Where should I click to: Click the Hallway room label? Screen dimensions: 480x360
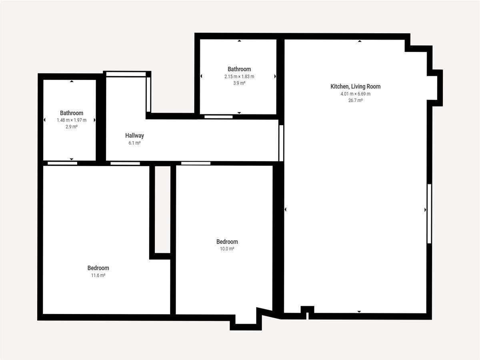(134, 136)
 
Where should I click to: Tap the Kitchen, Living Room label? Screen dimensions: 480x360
(355, 86)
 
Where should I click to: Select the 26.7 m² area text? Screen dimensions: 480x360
(355, 100)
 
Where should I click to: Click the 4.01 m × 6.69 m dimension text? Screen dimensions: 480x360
(355, 94)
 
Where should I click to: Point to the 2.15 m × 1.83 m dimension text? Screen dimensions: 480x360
(239, 76)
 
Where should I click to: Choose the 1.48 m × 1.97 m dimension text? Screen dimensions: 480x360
(72, 120)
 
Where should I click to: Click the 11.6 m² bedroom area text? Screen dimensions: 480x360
(98, 275)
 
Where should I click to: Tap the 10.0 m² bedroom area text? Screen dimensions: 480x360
(227, 248)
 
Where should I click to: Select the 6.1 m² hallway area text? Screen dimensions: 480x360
(134, 143)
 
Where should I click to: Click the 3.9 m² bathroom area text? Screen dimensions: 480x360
(239, 83)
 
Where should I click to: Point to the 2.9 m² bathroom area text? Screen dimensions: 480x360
(72, 126)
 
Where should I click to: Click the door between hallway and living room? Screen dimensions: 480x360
(281, 143)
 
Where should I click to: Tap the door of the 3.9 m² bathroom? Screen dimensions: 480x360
(218, 117)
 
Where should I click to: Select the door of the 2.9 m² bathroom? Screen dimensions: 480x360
(62, 163)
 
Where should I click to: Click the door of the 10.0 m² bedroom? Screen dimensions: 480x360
(196, 163)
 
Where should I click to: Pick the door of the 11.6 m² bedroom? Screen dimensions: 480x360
(125, 163)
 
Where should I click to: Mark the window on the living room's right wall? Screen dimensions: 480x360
(429, 214)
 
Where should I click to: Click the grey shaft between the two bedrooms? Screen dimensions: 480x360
(162, 209)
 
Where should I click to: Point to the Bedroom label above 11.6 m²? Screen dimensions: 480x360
(98, 268)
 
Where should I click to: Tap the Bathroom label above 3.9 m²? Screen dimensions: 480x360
(239, 69)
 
